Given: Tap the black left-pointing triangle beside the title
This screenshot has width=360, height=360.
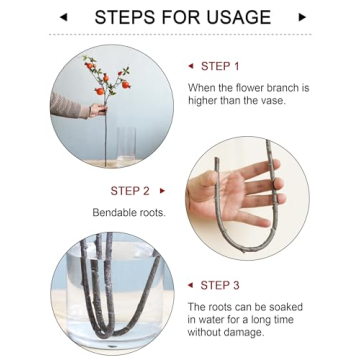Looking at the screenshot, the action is [x=63, y=17].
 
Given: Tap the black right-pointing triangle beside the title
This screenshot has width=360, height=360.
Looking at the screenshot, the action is [x=302, y=17].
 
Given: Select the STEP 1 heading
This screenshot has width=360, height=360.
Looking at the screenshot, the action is [x=220, y=66].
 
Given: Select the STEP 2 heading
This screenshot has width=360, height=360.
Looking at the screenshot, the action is [x=130, y=191].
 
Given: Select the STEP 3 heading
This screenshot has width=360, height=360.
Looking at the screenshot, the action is [x=220, y=285].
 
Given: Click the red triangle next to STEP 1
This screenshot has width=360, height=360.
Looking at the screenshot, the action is [x=191, y=66].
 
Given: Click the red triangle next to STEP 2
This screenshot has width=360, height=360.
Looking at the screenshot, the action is [x=162, y=191].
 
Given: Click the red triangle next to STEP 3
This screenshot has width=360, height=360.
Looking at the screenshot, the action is [x=190, y=285].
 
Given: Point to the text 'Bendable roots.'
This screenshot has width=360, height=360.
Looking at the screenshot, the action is [x=129, y=212].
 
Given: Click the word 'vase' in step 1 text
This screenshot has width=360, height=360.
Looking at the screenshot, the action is [x=273, y=101].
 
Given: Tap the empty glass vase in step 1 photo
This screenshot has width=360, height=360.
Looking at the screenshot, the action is [x=126, y=146].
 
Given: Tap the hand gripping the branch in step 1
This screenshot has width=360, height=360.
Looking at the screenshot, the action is [x=98, y=110].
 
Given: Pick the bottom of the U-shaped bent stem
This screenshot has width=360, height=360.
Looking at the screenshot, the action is [x=246, y=249].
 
